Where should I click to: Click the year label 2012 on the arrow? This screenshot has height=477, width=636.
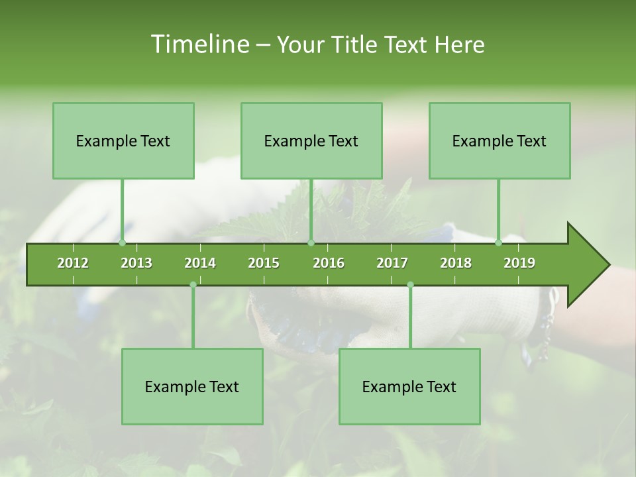click(73, 263)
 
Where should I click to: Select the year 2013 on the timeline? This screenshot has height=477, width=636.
click(136, 263)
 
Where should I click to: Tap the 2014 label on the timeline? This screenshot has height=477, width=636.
click(200, 263)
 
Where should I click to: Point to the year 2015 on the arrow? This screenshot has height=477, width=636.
click(264, 263)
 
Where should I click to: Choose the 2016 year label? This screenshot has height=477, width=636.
click(329, 263)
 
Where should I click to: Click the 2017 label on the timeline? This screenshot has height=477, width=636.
click(392, 263)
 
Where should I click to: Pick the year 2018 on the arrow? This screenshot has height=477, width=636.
click(456, 263)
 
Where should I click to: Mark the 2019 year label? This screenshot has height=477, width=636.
click(519, 263)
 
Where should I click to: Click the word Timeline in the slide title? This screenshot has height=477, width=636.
click(199, 44)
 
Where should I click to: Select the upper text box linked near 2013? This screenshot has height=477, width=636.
click(123, 140)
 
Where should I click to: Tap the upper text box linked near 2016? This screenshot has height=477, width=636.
click(311, 140)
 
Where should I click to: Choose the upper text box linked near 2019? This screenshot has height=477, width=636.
click(500, 140)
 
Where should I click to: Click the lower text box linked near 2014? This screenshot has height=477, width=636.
click(192, 386)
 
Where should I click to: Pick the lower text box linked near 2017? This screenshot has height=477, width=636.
click(409, 386)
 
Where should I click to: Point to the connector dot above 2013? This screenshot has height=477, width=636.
click(123, 242)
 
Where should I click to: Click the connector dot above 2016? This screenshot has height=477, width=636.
click(311, 242)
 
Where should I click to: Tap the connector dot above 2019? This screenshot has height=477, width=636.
click(499, 242)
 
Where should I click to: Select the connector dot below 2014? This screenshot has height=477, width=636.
click(193, 284)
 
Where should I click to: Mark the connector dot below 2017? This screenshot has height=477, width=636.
click(410, 284)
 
